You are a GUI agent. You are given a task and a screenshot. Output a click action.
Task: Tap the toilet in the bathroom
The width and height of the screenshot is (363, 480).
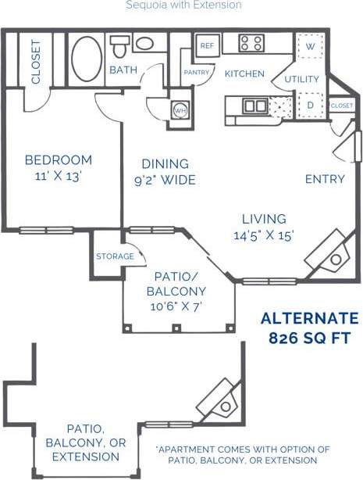(x=119, y=46)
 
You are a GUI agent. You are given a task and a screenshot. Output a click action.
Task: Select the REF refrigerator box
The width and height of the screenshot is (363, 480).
(x=207, y=46)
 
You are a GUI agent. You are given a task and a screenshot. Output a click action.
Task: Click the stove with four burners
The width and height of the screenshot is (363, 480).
(x=251, y=43)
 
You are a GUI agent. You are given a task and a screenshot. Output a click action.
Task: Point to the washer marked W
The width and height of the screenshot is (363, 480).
(x=310, y=46)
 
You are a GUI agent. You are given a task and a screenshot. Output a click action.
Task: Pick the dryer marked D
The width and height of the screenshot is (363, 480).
(x=310, y=105)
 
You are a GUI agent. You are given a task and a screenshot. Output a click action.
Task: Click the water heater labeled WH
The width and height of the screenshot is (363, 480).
(x=180, y=111)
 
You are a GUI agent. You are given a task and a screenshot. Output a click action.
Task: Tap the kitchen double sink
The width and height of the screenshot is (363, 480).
(x=254, y=106)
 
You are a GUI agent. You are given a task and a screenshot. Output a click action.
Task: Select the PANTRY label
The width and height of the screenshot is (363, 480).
(x=195, y=73)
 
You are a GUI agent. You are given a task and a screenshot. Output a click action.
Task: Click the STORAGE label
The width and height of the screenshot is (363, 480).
(x=115, y=256)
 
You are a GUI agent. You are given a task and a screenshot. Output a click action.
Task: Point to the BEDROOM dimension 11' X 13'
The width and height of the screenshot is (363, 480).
(x=59, y=176)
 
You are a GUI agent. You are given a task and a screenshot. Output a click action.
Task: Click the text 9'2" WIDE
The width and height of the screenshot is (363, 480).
(x=165, y=181)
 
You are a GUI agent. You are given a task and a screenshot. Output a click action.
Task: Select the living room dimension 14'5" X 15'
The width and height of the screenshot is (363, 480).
(x=264, y=235)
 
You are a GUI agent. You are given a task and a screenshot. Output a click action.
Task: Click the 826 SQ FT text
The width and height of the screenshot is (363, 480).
(x=309, y=339)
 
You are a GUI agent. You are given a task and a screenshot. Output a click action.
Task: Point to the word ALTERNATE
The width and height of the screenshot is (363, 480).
(x=309, y=318)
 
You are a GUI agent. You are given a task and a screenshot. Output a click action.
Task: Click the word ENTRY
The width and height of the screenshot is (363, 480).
(x=325, y=179)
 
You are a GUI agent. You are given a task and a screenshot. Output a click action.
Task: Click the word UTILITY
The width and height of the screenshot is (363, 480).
(x=301, y=79)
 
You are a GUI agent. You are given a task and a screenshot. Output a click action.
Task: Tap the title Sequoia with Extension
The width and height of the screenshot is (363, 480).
(x=183, y=5)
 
